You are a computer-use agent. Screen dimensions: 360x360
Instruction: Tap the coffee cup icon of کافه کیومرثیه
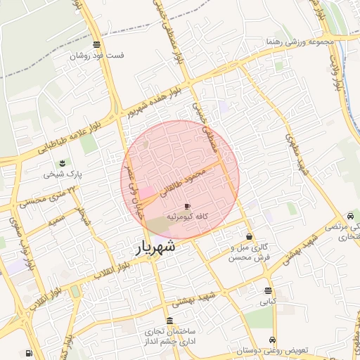[186, 206]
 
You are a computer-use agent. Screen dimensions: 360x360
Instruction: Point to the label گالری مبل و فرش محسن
[250, 253]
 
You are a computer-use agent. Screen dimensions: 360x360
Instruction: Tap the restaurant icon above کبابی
[268, 290]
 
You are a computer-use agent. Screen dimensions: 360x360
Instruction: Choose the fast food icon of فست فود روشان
[96, 44]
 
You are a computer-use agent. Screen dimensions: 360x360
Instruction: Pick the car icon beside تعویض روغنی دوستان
[263, 339]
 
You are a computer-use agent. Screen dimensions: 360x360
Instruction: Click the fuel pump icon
[28, 353]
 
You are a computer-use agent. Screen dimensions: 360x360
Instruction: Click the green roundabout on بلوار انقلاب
[75, 290]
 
